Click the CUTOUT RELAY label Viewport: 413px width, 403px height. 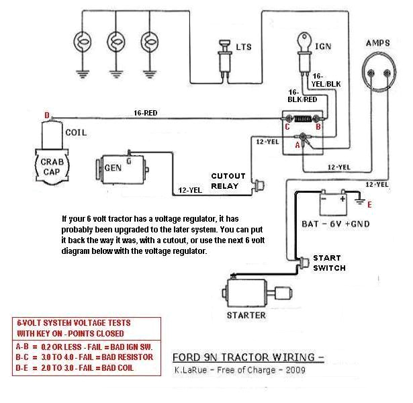(x=228, y=181)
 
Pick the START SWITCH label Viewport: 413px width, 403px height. (x=329, y=263)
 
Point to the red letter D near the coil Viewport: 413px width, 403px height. (x=47, y=116)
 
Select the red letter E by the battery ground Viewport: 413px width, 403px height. (x=369, y=204)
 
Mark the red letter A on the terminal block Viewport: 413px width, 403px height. (x=297, y=145)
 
